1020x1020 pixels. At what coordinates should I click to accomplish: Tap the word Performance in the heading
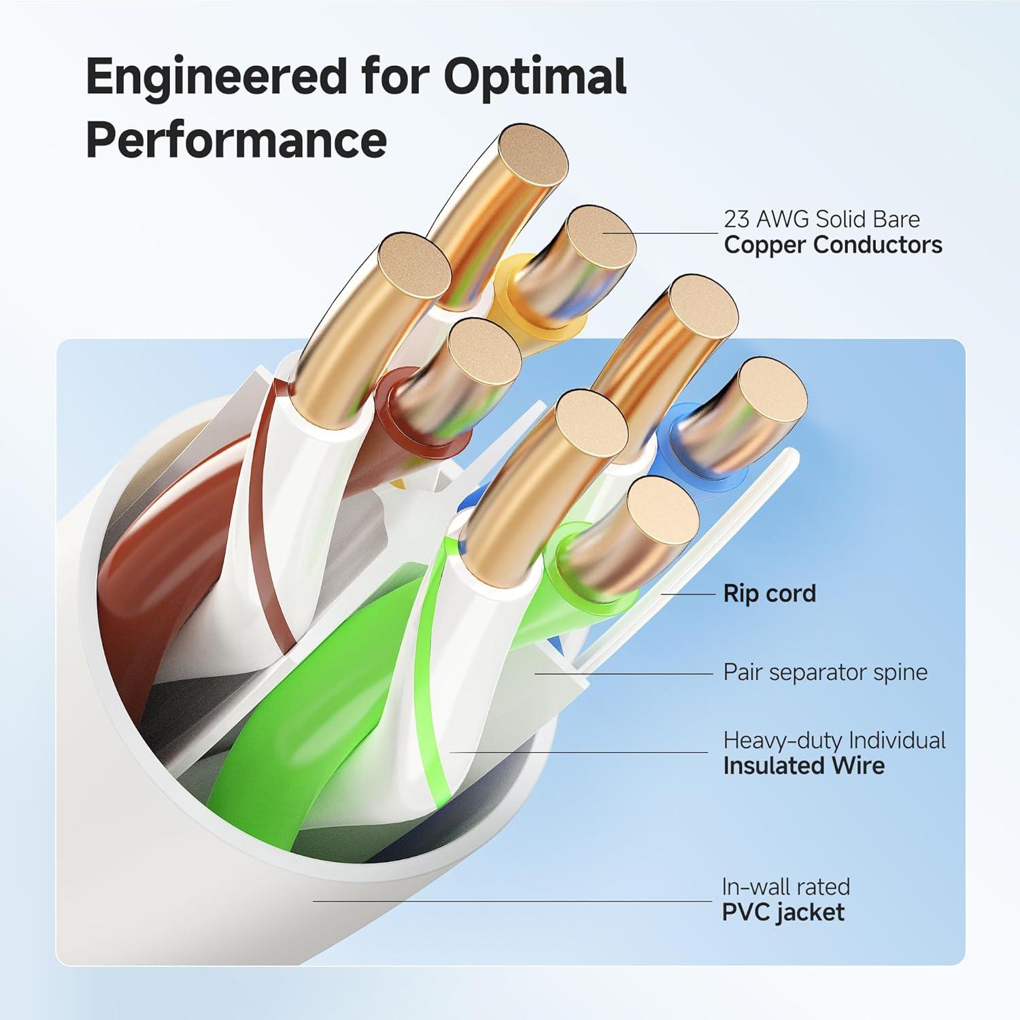pyautogui.click(x=236, y=140)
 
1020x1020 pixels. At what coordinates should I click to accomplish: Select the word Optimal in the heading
pyautogui.click(x=534, y=77)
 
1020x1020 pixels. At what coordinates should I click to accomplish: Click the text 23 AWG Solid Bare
pyautogui.click(x=821, y=219)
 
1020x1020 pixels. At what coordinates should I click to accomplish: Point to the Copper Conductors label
pyautogui.click(x=833, y=245)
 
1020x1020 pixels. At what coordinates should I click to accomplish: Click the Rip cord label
pyautogui.click(x=769, y=594)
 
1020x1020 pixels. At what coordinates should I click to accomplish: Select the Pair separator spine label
pyautogui.click(x=825, y=673)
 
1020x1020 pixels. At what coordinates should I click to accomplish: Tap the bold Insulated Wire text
pyautogui.click(x=804, y=766)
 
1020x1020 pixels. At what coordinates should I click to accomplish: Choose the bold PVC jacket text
pyautogui.click(x=783, y=912)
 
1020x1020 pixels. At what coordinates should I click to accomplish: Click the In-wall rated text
pyautogui.click(x=785, y=887)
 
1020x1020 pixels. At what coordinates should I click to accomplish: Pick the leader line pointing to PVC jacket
pyautogui.click(x=510, y=902)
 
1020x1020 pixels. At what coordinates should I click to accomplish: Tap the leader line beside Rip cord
pyautogui.click(x=687, y=594)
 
